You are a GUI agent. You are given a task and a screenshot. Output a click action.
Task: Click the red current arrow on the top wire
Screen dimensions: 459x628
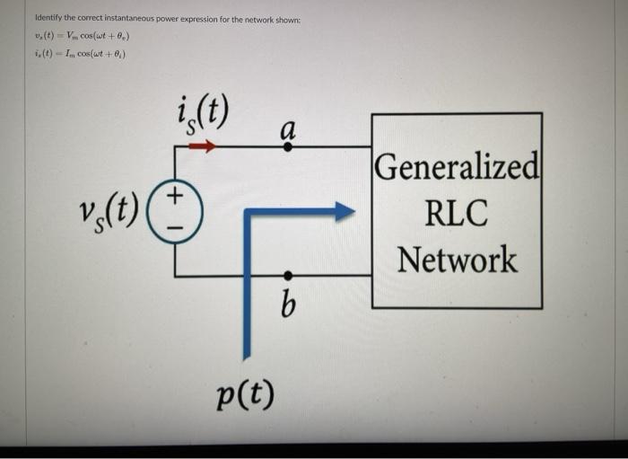tap(202, 146)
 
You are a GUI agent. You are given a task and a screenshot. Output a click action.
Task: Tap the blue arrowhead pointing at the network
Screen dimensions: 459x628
tap(344, 212)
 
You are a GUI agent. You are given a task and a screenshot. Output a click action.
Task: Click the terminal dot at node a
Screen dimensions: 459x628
tap(287, 146)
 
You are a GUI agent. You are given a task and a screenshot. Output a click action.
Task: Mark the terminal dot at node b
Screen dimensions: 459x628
tap(287, 275)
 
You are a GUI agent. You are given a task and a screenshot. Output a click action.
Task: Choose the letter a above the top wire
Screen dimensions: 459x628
tap(287, 128)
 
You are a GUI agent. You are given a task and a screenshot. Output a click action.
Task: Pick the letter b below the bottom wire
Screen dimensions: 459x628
tap(287, 305)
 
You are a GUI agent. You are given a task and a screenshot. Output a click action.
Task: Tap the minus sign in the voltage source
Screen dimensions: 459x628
tap(176, 228)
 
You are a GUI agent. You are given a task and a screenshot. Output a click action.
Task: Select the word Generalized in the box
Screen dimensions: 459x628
tap(458, 167)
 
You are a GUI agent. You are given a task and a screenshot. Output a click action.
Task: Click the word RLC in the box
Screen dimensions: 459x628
tap(457, 214)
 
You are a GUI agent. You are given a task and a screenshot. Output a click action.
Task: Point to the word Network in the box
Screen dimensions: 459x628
tap(458, 260)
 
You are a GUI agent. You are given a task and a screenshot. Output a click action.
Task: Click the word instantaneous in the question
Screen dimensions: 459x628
tap(137, 19)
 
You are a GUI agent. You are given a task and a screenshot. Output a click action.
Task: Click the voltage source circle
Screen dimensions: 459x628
tap(176, 212)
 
